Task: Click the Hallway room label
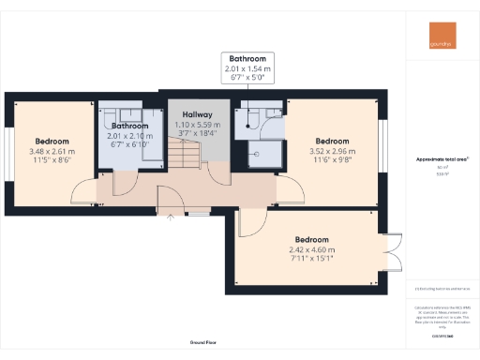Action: [197, 115]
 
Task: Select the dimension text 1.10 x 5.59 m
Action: [197, 125]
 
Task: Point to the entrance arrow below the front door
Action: [170, 217]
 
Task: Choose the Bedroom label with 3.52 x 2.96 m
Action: [334, 141]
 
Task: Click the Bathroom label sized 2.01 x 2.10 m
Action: [130, 126]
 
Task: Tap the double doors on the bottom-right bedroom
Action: [391, 249]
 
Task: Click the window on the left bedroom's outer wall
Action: [7, 151]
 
